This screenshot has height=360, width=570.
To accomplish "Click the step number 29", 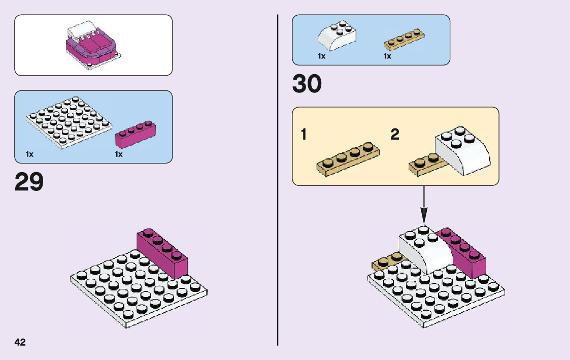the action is click(29, 182).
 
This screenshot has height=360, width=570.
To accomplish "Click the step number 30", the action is click(307, 85).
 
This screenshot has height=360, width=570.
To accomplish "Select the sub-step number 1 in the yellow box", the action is click(304, 135).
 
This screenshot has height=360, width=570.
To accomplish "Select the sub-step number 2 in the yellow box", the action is click(395, 135).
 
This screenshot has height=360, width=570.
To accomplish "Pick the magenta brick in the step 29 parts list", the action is click(136, 134).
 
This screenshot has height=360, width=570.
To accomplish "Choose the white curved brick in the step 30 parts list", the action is click(337, 37).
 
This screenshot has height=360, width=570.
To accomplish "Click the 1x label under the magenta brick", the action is click(119, 154).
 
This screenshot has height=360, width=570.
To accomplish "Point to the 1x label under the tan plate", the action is click(387, 56).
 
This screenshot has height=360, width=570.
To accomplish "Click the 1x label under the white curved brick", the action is click(321, 56).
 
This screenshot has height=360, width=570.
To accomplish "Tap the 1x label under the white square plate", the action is click(29, 154).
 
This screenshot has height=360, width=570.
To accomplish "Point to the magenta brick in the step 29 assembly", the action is click(162, 252).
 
